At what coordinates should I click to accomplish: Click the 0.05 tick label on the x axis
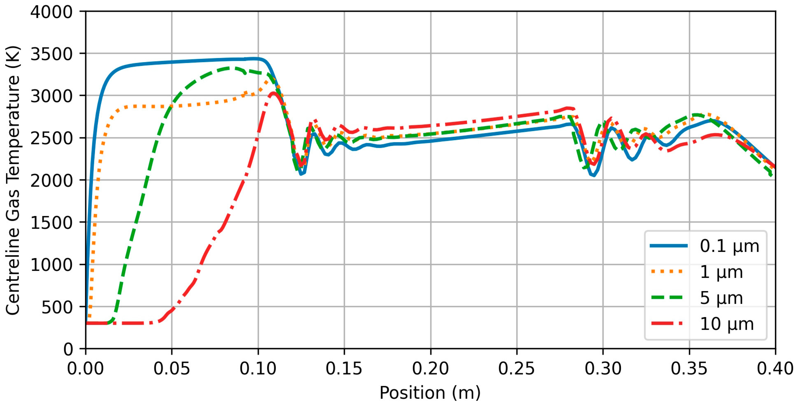pyautogui.click(x=172, y=369)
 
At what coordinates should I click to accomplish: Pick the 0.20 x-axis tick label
pyautogui.click(x=431, y=369)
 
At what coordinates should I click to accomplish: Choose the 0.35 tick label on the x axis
pyautogui.click(x=689, y=369)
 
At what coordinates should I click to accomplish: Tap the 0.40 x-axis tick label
pyautogui.click(x=775, y=369)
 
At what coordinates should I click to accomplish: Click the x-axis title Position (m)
pyautogui.click(x=430, y=393)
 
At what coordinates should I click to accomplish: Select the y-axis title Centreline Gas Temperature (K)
pyautogui.click(x=13, y=180)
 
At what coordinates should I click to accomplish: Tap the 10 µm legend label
pyautogui.click(x=727, y=324)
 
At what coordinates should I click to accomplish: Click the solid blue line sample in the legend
pyautogui.click(x=669, y=246)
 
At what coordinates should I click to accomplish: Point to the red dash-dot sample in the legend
pyautogui.click(x=669, y=324)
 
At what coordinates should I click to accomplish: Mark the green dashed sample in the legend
pyautogui.click(x=669, y=298)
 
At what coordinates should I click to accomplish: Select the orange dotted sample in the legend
pyautogui.click(x=669, y=272)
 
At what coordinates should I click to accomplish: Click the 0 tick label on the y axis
pyautogui.click(x=68, y=349)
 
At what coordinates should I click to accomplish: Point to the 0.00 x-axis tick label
pyautogui.click(x=86, y=369)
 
